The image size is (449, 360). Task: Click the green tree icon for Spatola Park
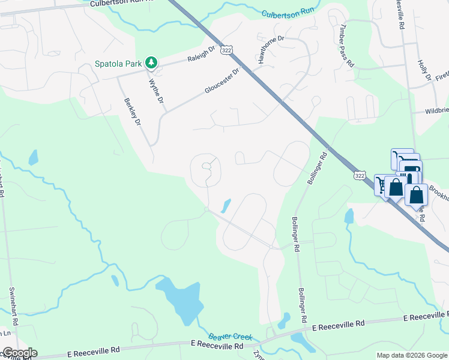pyautogui.click(x=152, y=62)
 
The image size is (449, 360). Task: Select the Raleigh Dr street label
pyautogui.click(x=201, y=55)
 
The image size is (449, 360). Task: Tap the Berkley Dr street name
pyautogui.click(x=133, y=112)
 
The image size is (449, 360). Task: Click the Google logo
pyautogui.click(x=19, y=353)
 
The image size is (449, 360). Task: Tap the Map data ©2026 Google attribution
pyautogui.click(x=412, y=355)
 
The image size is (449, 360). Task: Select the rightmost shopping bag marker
pyautogui.click(x=416, y=195)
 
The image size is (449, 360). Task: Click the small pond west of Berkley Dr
pyautogui.click(x=33, y=158)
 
